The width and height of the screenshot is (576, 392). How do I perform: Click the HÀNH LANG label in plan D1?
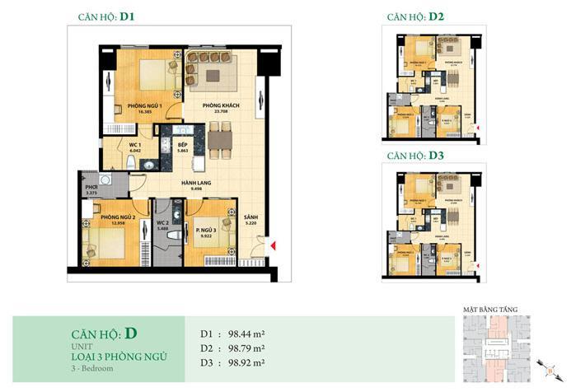tap(195, 185)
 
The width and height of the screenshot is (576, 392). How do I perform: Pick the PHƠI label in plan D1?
tap(91, 189)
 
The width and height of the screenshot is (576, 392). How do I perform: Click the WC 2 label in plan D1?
tap(163, 224)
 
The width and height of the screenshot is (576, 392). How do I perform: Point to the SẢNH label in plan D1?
tap(251, 220)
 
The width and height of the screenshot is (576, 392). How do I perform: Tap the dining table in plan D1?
tap(218, 140)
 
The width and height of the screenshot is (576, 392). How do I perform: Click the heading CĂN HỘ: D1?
tap(106, 16)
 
